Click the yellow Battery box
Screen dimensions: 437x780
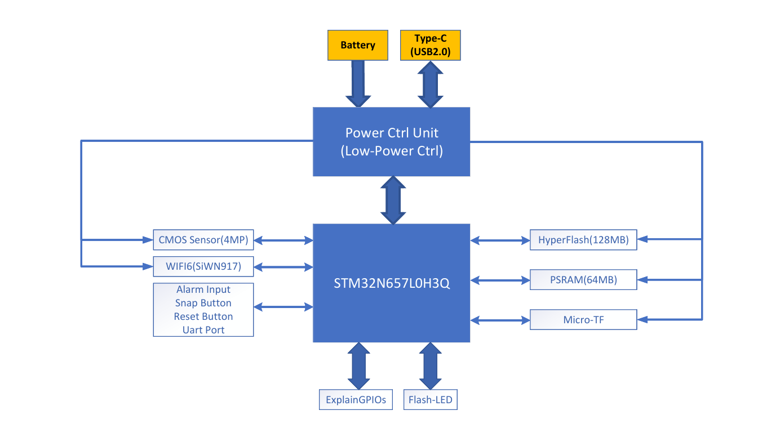[358, 45]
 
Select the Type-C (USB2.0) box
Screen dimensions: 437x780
[430, 46]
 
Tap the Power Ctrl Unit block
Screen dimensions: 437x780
[391, 142]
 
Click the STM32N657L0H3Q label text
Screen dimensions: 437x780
[391, 283]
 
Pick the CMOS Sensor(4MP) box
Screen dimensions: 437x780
[203, 240]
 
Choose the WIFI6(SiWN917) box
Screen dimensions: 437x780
[203, 266]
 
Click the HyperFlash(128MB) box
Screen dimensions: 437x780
[583, 240]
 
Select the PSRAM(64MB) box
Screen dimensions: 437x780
[583, 279]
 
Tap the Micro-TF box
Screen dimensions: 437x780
[583, 320]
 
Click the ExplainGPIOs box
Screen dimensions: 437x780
[356, 400]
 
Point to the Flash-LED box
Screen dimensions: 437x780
[431, 400]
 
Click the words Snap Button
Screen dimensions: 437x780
[203, 303]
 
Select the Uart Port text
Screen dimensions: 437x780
[203, 330]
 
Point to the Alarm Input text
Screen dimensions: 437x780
[203, 289]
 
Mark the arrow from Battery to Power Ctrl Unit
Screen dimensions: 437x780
[358, 84]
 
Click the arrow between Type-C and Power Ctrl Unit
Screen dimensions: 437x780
[430, 84]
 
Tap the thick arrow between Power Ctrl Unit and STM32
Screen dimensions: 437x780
[393, 200]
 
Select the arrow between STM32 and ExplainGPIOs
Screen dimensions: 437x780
[358, 365]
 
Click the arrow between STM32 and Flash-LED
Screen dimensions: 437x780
[430, 365]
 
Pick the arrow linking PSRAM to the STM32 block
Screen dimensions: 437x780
[500, 280]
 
